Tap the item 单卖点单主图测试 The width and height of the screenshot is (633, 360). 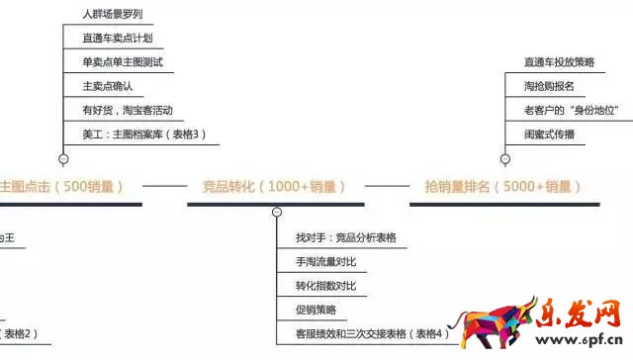pyautogui.click(x=123, y=62)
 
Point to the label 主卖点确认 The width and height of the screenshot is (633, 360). pyautogui.click(x=109, y=86)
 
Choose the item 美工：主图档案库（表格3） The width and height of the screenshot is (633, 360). pyautogui.click(x=144, y=134)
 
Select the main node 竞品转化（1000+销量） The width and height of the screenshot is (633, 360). pyautogui.click(x=274, y=186)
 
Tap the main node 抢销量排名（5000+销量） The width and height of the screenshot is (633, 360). pyautogui.click(x=501, y=186)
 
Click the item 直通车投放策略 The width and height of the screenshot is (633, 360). pyautogui.click(x=559, y=62)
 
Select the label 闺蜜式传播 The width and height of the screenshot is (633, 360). pyautogui.click(x=549, y=134)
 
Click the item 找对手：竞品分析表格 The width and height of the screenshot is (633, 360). pyautogui.click(x=345, y=238)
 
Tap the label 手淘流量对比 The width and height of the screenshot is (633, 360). pyautogui.click(x=325, y=262)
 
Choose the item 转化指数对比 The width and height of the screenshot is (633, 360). pyautogui.click(x=325, y=286)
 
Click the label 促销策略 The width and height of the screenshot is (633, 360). pyautogui.click(x=316, y=310)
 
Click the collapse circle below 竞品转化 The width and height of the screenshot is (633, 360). pyautogui.click(x=278, y=212)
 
